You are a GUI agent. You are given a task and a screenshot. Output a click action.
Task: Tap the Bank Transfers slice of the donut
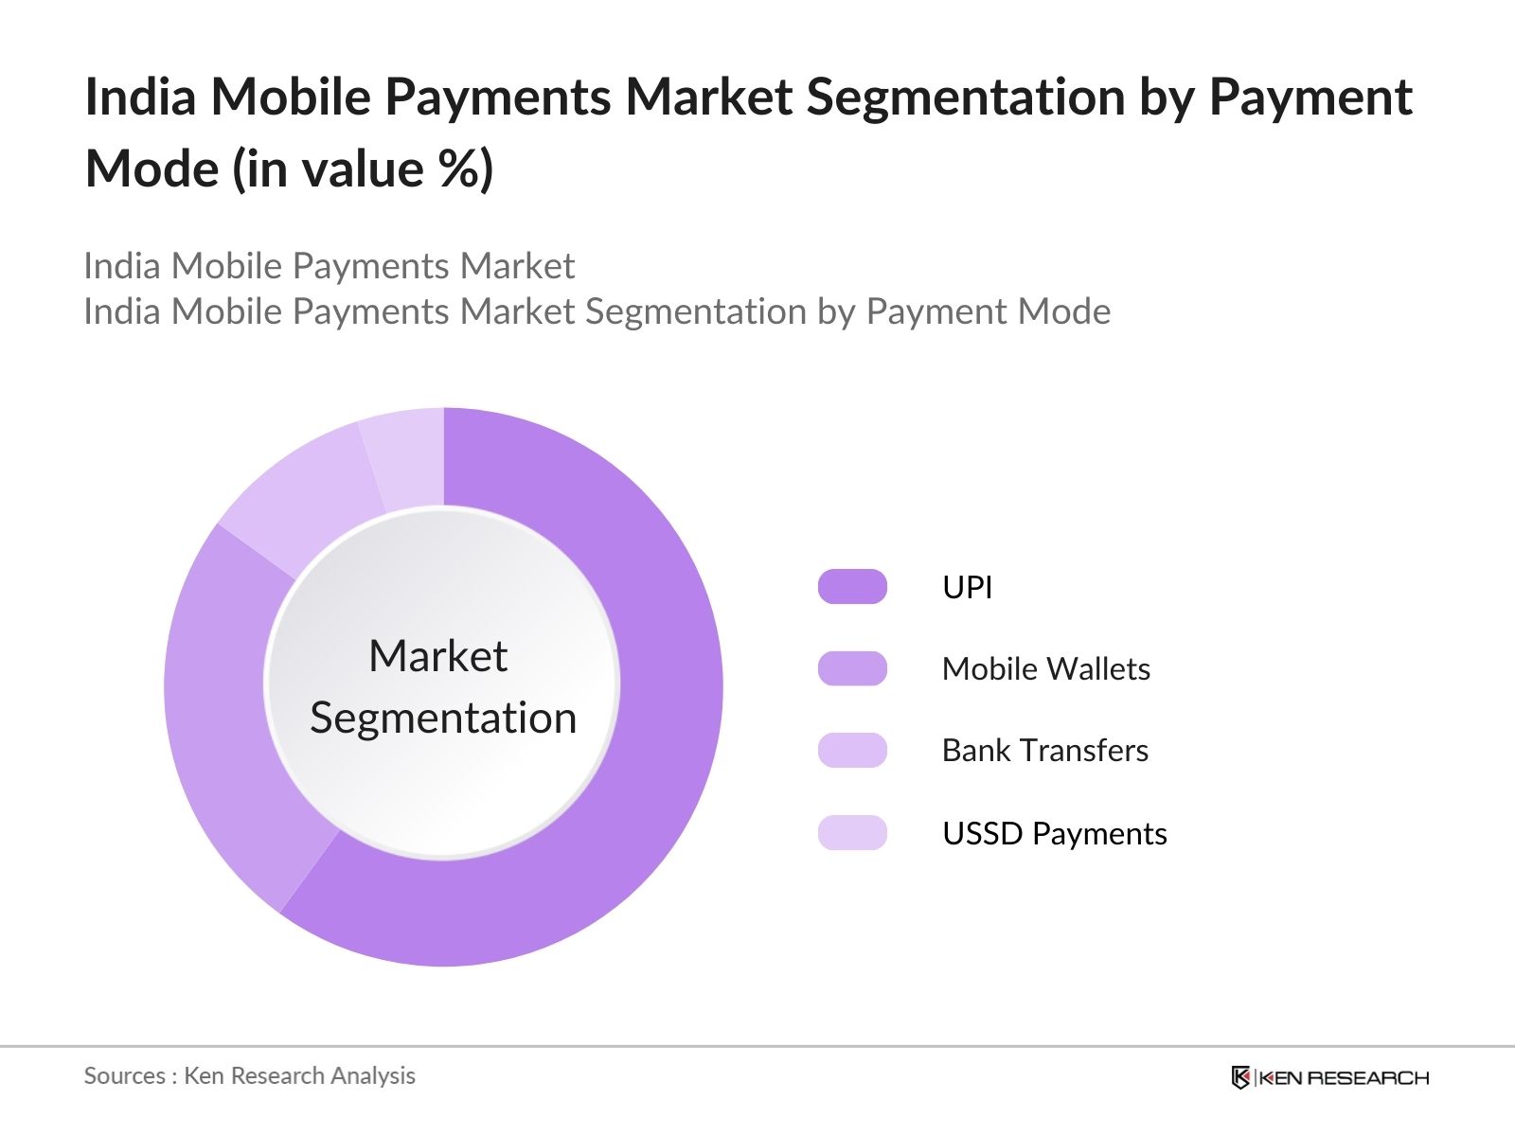[304, 497]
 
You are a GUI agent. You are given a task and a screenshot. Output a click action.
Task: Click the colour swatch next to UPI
[852, 586]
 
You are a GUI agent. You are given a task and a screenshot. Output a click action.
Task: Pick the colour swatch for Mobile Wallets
[852, 668]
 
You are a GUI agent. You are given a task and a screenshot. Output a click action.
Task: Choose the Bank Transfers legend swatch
[852, 751]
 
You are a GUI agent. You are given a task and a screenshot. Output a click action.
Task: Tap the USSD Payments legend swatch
[852, 832]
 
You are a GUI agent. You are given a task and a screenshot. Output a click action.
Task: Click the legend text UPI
[968, 587]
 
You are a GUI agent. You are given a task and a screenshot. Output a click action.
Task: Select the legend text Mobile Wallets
[1046, 668]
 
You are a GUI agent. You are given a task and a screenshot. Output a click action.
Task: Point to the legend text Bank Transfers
[1045, 751]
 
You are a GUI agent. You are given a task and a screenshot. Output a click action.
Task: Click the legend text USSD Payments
[1055, 833]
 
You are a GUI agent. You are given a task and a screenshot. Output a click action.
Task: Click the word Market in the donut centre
[438, 655]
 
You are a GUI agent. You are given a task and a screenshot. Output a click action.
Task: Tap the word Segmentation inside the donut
[443, 719]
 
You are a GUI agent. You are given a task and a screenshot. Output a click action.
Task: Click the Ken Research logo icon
[1240, 1077]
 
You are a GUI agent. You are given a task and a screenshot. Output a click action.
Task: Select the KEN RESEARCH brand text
[1344, 1078]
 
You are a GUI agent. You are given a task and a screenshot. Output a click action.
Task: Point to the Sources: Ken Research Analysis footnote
[249, 1076]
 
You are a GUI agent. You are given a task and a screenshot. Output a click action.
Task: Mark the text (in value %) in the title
[363, 169]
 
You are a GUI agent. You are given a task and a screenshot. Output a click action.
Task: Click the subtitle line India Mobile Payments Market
[330, 266]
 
